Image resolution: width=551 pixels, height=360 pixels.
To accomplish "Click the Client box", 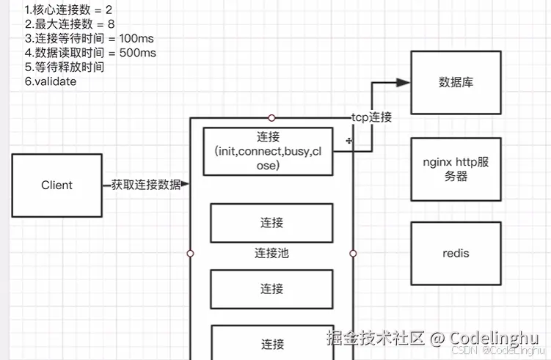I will click(56, 185).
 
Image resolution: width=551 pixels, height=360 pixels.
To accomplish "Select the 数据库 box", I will click(456, 82).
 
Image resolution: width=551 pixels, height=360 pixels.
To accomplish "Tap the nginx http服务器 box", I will click(456, 169).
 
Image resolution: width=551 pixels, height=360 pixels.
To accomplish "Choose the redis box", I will click(456, 254).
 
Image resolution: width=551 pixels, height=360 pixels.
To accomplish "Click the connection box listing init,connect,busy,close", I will click(268, 151).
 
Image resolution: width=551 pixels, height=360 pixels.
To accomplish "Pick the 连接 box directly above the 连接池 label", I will click(271, 222).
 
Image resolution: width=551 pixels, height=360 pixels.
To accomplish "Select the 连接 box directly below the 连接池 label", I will click(271, 289).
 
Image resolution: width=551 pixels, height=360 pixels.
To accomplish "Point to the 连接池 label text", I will click(271, 253).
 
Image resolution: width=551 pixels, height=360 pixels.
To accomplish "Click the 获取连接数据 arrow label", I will click(146, 185).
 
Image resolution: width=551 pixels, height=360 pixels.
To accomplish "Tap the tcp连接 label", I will click(371, 117).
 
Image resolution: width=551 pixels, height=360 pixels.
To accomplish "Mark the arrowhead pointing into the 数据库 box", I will click(403, 83).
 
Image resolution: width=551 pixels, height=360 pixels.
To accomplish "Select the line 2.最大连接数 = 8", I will click(69, 24).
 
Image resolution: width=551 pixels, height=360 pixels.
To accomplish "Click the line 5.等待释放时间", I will click(64, 67).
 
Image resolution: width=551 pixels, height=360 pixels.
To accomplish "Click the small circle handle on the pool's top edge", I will click(271, 117).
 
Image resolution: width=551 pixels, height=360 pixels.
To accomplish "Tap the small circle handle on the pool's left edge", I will click(190, 253).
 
